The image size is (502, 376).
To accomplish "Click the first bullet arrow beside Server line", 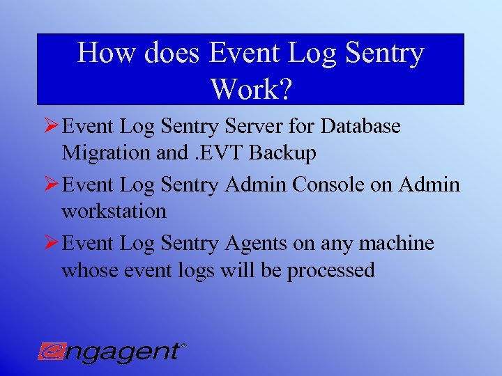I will tap(51, 127).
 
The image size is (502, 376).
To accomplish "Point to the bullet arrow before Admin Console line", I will tap(51, 185).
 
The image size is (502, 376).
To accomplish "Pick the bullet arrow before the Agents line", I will tap(51, 244).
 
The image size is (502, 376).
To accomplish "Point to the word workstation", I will tap(114, 211).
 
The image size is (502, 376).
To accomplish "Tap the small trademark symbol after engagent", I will tap(183, 345).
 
